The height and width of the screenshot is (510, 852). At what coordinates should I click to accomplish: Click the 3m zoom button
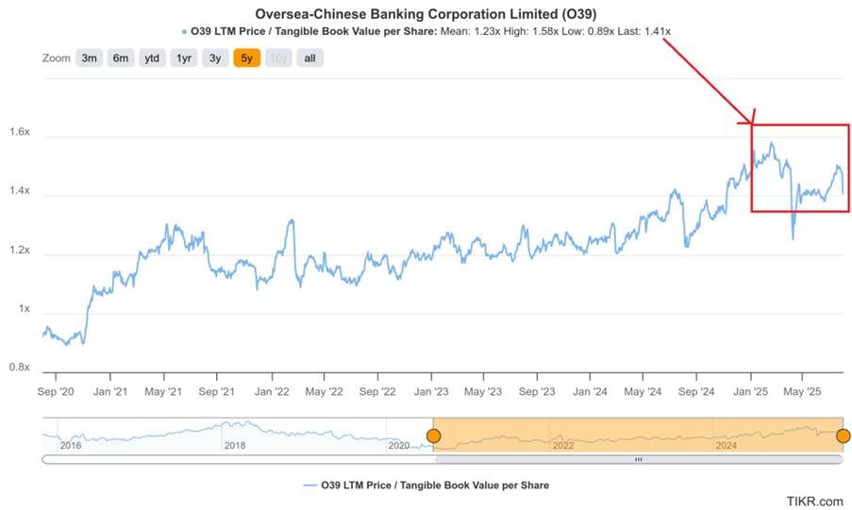click(90, 58)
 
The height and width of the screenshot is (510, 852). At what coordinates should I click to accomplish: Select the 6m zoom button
click(121, 58)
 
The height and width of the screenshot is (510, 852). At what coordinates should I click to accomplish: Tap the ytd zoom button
click(152, 58)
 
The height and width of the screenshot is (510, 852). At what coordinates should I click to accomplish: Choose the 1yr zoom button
click(184, 58)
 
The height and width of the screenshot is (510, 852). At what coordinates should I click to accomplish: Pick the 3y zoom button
click(215, 58)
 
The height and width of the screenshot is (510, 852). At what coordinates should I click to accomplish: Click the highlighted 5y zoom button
click(247, 58)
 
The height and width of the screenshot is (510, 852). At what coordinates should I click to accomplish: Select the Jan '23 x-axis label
click(431, 390)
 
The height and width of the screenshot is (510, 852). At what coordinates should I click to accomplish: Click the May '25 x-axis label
click(802, 390)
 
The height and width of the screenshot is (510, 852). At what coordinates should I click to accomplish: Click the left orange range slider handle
click(433, 436)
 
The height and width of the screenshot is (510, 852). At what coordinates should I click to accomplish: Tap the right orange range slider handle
click(843, 436)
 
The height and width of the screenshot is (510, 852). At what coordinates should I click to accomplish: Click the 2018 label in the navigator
click(236, 444)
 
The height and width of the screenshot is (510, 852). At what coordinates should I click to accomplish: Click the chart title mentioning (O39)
click(426, 14)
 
